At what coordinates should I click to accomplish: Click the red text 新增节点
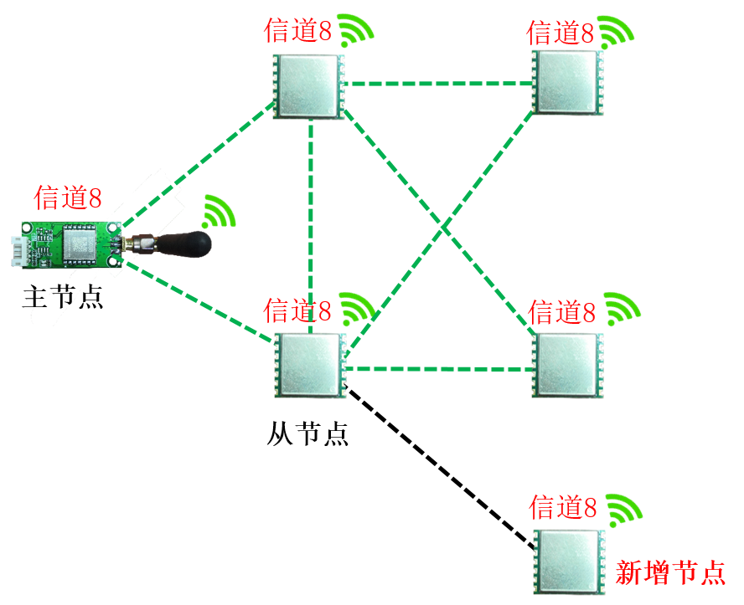tap(669, 572)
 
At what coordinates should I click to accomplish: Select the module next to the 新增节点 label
tap(568, 561)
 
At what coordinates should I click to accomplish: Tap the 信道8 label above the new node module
tap(563, 507)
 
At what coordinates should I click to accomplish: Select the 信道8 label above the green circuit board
tap(68, 198)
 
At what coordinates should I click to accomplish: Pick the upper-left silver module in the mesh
tap(309, 86)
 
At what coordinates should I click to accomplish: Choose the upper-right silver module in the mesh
tap(568, 82)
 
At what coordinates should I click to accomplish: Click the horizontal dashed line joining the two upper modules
tap(440, 84)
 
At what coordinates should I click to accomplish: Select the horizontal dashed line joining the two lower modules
tap(440, 368)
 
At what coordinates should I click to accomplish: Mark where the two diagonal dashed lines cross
tap(443, 228)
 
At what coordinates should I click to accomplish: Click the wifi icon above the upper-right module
tap(616, 32)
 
